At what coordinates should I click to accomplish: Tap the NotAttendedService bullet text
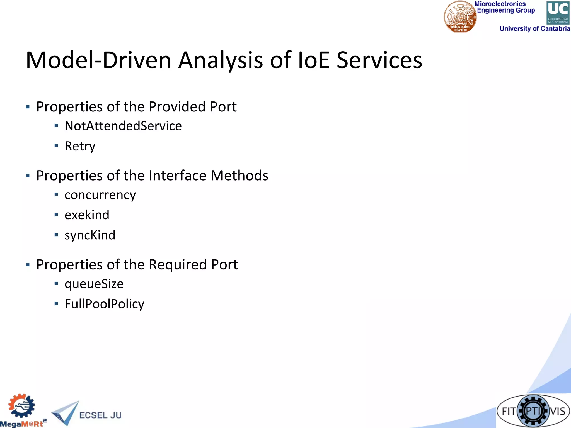tap(123, 126)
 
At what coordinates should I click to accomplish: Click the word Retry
tap(80, 146)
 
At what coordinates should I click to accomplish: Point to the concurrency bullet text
tap(100, 195)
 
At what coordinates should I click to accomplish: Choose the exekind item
tap(87, 215)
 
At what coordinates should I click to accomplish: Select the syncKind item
tap(90, 235)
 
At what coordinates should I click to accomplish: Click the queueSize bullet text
tap(94, 284)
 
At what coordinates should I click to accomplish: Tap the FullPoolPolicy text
tap(104, 304)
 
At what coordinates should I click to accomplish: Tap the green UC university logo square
tap(558, 13)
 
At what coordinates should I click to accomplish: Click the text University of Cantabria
tap(534, 29)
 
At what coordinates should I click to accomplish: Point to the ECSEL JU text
tap(100, 415)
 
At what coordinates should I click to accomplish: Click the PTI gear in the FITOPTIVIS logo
tap(533, 411)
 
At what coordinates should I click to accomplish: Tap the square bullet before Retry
tap(56, 146)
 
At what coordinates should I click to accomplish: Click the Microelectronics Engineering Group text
tap(504, 7)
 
